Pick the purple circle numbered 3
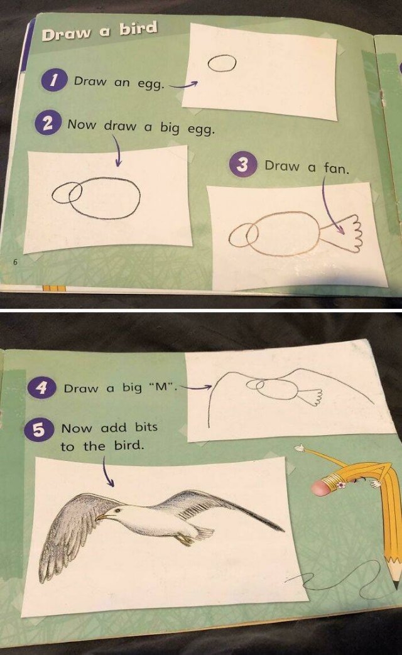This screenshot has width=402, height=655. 245,166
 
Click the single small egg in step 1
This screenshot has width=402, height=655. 221,63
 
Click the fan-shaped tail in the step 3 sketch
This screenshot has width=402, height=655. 345,233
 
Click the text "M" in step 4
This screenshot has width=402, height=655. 162,387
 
